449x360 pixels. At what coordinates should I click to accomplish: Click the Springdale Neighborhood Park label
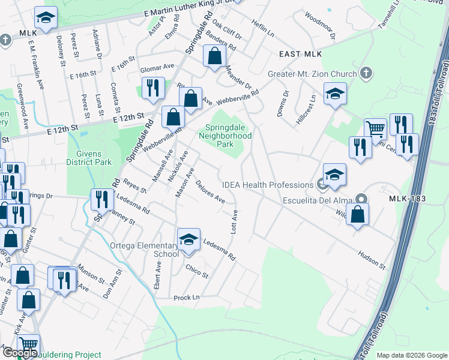pyautogui.click(x=228, y=136)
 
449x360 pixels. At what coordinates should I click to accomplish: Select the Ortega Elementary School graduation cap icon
pyautogui.click(x=188, y=240)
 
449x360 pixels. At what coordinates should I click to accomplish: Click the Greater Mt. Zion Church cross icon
pyautogui.click(x=366, y=74)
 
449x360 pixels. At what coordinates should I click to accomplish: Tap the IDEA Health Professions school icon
pyautogui.click(x=334, y=175)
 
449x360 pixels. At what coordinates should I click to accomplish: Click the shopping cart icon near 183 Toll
pyautogui.click(x=376, y=128)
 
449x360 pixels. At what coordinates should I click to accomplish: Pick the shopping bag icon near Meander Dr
pyautogui.click(x=214, y=58)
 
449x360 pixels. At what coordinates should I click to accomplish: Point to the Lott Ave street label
pyautogui.click(x=235, y=221)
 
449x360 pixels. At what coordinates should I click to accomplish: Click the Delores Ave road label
pyautogui.click(x=209, y=192)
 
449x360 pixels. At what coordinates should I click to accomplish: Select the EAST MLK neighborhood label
pyautogui.click(x=300, y=54)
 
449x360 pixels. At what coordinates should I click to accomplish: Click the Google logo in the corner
pyautogui.click(x=20, y=353)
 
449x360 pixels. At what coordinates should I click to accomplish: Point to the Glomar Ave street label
pyautogui.click(x=157, y=68)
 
